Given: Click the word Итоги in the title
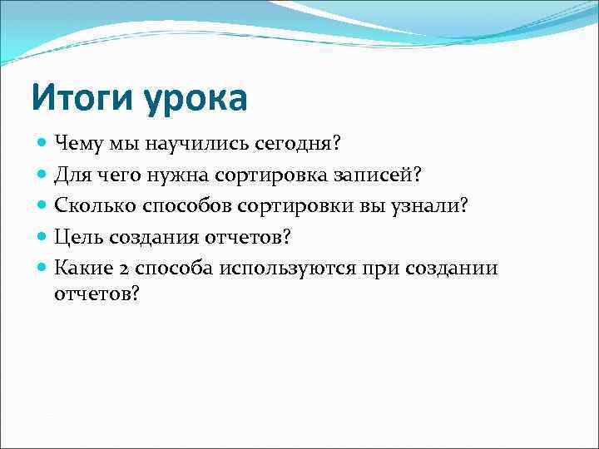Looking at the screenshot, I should coord(82,99).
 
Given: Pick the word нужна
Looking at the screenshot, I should coord(196,175).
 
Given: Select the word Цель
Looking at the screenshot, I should coord(76,236).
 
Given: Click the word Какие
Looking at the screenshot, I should coord(80,267).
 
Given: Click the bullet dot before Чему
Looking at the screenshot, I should coord(42,144).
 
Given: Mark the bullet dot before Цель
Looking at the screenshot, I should coord(42,236).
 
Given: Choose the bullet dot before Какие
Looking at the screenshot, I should coord(42,267).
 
